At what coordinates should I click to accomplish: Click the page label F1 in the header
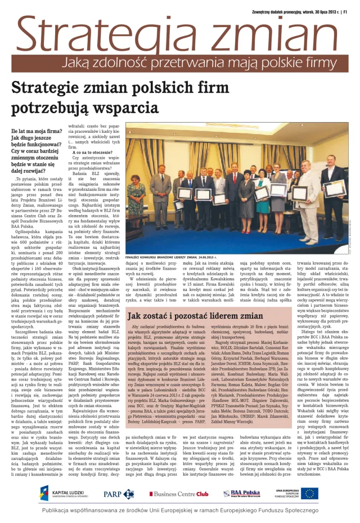tap(344, 9)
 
